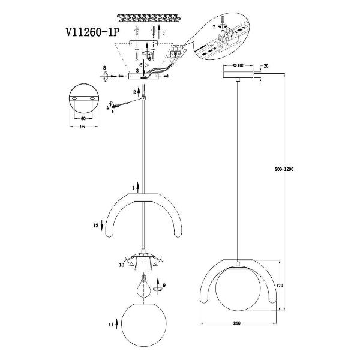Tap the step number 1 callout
[133, 188]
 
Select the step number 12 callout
[95, 227]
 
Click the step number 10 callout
[121, 263]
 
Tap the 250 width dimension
[238, 324]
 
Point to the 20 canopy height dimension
[266, 65]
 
